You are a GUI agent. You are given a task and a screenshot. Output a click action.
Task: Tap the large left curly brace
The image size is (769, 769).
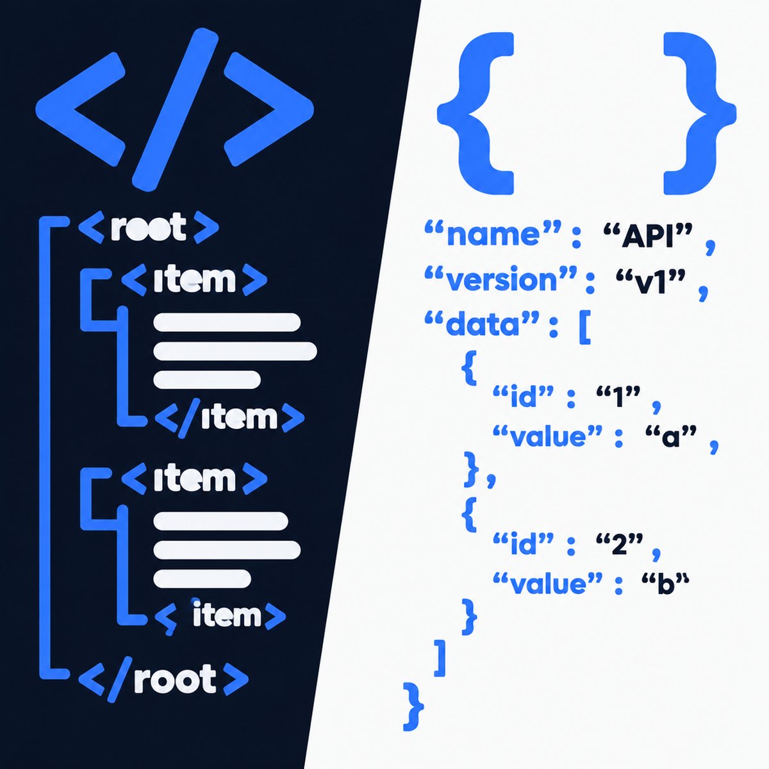tap(475, 113)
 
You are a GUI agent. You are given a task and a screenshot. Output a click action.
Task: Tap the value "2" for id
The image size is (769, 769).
tap(619, 544)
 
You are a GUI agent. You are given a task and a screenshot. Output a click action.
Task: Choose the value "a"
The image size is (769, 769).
tap(671, 436)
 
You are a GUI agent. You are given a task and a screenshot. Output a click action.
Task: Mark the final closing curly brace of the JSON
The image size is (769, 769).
tap(413, 706)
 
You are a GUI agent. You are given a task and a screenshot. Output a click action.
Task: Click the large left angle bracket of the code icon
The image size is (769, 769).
tap(81, 110)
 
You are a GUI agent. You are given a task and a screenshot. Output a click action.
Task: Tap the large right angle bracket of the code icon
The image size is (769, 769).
tap(269, 110)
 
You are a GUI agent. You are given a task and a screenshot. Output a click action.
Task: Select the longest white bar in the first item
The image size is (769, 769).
tap(235, 351)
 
